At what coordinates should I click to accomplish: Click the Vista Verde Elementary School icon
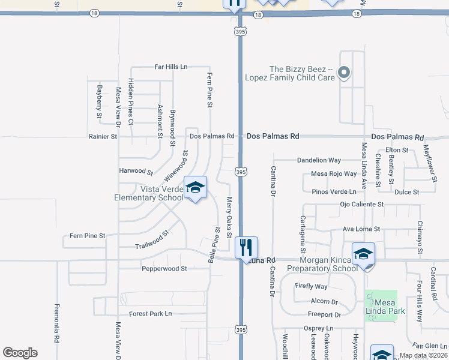coord(195,188)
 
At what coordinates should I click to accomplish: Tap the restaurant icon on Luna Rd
coord(246,247)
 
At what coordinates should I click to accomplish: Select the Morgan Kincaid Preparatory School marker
coord(363,254)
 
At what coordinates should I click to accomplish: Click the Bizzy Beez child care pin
coord(343,73)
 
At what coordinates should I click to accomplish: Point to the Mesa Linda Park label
coord(381,306)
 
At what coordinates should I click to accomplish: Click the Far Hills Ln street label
coord(171,67)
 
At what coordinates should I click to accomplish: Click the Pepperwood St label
coord(164,269)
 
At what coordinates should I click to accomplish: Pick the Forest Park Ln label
coord(150,314)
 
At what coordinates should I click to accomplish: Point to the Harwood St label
coord(136,171)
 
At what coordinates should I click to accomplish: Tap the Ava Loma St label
coord(361,229)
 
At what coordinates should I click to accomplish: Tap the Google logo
coord(20,353)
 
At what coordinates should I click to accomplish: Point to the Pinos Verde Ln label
coord(338,191)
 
